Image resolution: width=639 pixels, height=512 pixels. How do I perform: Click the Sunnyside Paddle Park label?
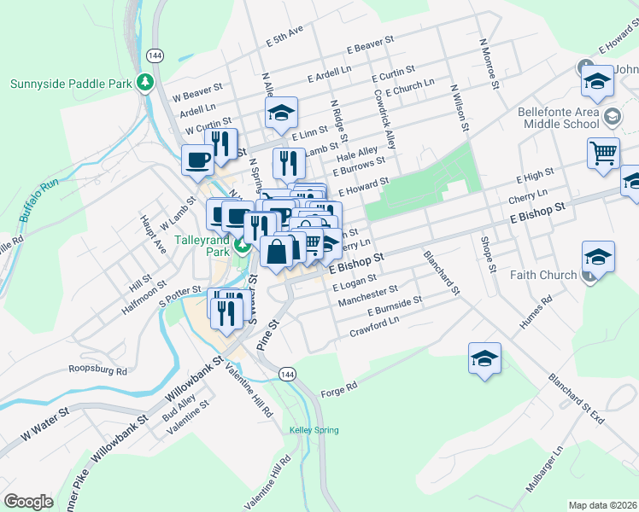point(71,84)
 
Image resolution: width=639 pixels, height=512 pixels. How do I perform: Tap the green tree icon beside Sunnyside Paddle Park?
point(145,83)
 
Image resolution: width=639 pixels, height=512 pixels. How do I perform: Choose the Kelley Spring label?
point(314,430)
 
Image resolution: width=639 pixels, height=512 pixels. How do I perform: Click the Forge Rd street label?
point(338,393)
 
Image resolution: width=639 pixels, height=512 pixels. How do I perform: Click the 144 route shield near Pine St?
point(287,375)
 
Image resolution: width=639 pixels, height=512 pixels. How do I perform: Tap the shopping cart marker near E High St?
point(603,153)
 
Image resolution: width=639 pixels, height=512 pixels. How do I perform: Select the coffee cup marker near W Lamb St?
point(198,159)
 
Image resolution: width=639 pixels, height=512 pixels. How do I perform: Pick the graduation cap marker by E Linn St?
point(280,113)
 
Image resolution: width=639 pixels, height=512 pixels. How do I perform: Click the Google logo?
point(28,502)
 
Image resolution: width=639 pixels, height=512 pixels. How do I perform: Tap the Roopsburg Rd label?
point(97,371)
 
